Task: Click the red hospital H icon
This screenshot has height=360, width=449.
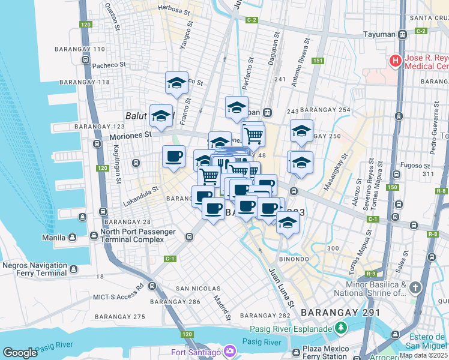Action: [x=396, y=61]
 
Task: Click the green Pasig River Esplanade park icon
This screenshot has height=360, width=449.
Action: [x=342, y=328]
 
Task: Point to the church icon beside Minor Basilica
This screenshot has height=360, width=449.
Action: [x=415, y=289]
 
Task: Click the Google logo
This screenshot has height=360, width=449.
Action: [x=20, y=353]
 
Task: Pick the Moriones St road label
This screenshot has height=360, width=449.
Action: [x=131, y=136]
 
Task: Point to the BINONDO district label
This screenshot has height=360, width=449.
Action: [x=294, y=259]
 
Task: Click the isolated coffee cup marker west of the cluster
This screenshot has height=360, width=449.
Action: [x=173, y=157]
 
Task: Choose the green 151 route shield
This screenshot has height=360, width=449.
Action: [x=318, y=61]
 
